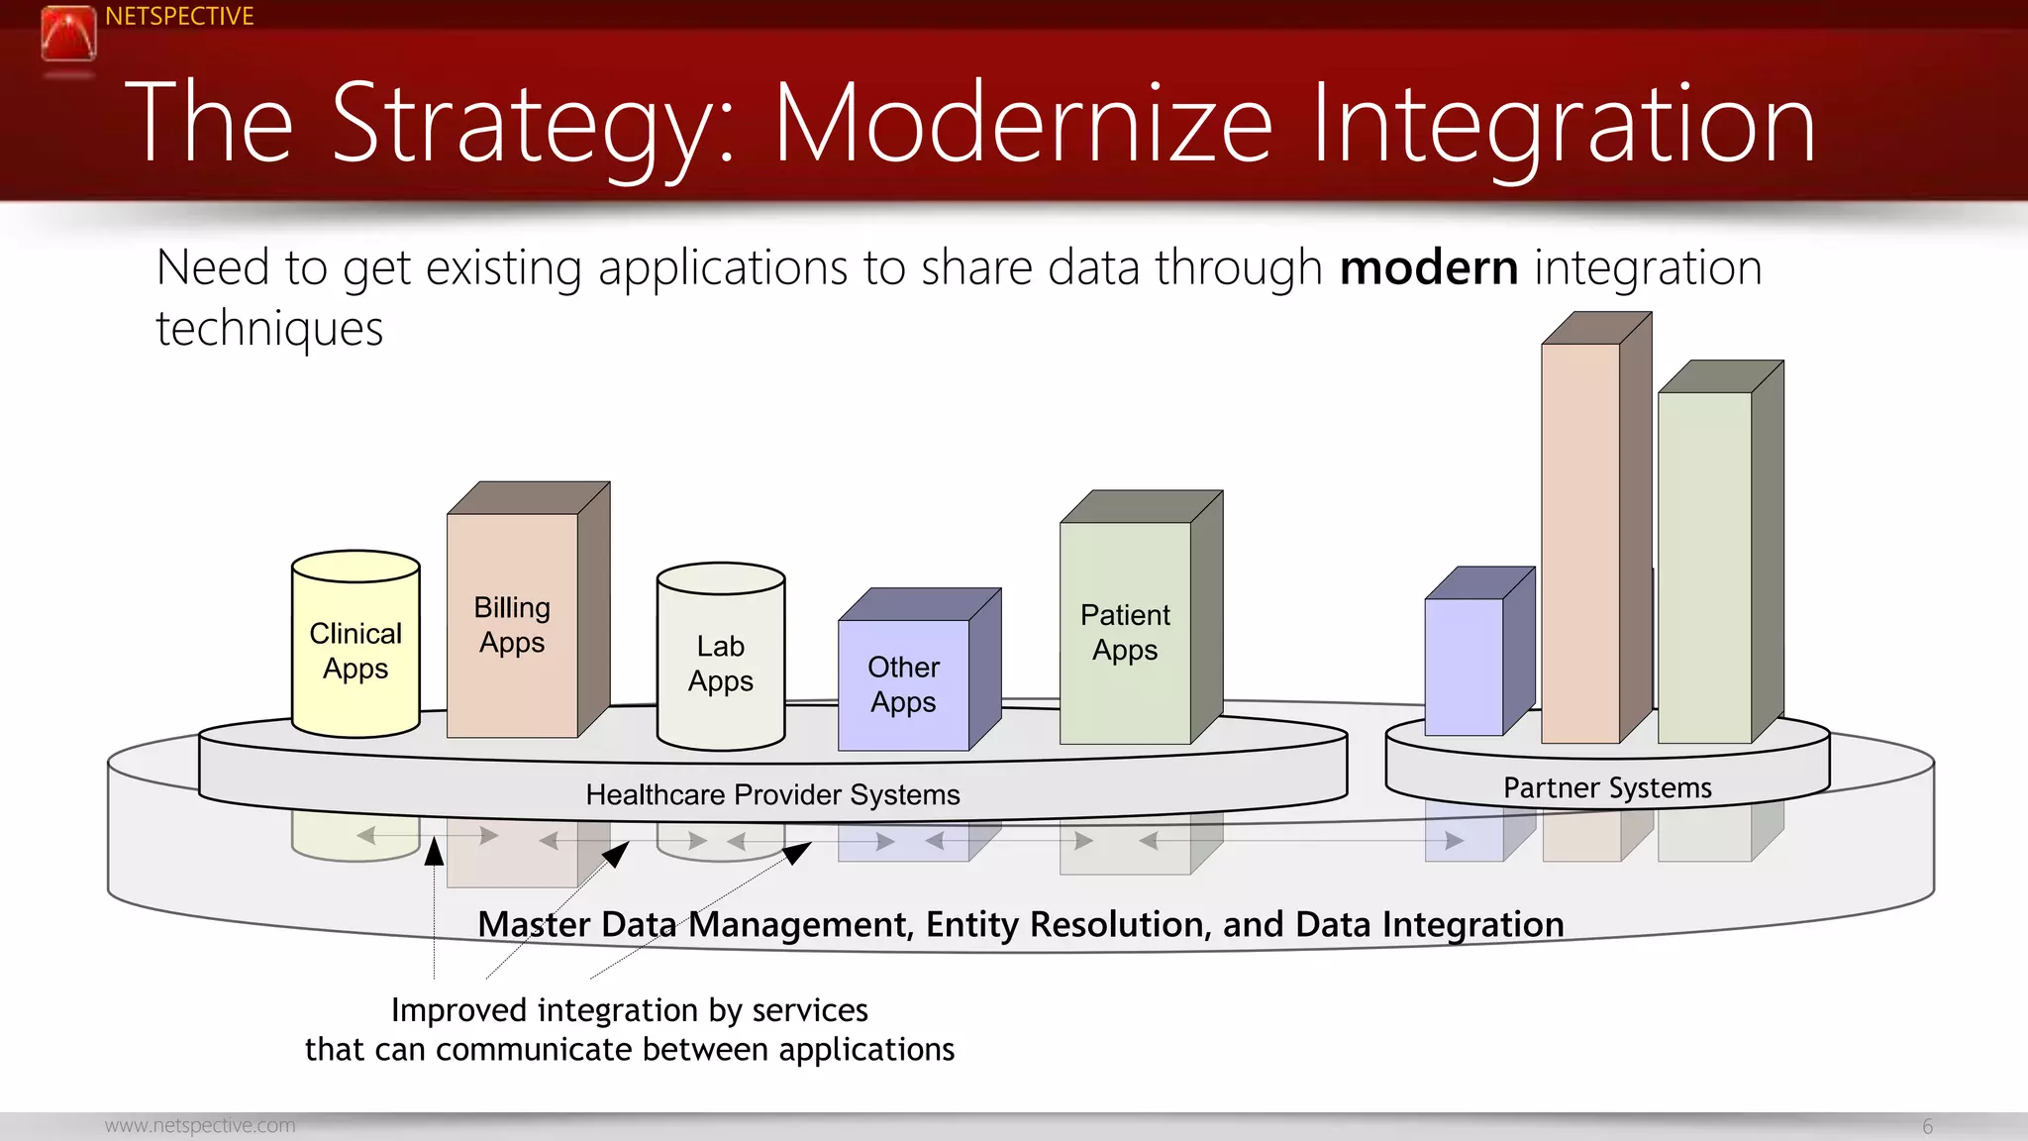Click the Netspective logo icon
[x=68, y=34]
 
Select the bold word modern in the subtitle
[x=1428, y=267]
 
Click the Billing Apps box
[x=512, y=624]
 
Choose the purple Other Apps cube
[x=903, y=683]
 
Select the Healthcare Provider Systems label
[x=772, y=794]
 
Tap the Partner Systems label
[x=1606, y=787]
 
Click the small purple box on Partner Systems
[x=1464, y=666]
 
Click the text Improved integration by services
[x=629, y=1009]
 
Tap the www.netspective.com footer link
[x=200, y=1125]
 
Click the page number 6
[x=1927, y=1126]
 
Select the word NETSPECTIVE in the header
[x=179, y=16]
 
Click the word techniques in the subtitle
[x=269, y=328]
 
